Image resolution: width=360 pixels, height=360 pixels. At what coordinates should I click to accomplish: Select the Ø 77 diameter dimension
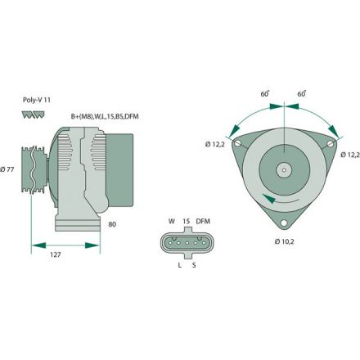(x=9, y=169)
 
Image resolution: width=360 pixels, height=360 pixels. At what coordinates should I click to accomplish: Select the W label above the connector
(x=171, y=222)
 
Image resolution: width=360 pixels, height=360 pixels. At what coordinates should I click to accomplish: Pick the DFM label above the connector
(x=203, y=222)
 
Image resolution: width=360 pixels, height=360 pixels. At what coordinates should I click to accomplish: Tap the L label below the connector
(x=178, y=264)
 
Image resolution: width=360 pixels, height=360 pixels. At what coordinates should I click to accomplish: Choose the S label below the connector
(x=194, y=264)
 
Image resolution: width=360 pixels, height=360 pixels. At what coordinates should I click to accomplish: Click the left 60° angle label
(x=264, y=94)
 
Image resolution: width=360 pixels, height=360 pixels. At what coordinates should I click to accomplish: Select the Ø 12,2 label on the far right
(x=349, y=155)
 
